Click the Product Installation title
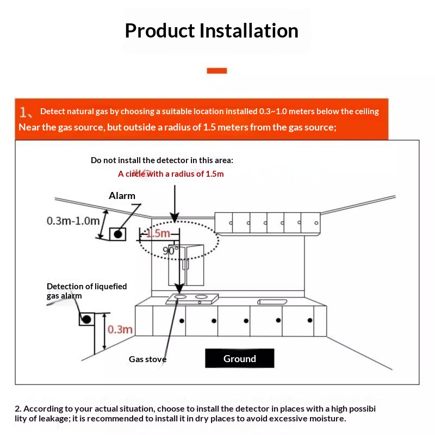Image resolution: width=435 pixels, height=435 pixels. coord(212,30)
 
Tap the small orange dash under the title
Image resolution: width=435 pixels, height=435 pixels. coord(217,70)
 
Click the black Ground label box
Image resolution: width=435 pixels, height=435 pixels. coord(239,358)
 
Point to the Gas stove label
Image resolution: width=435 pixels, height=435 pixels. coord(147,359)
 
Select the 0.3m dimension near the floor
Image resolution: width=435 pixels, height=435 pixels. coord(120,330)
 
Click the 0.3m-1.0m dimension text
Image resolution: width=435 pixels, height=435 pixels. coord(73,221)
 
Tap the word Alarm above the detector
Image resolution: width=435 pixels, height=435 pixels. coord(122,196)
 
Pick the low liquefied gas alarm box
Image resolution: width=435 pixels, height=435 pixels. coord(86,319)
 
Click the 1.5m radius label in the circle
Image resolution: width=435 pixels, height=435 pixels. coord(158,234)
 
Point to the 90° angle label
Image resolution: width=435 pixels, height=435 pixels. coord(170,251)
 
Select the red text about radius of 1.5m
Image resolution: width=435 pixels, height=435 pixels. coord(171,174)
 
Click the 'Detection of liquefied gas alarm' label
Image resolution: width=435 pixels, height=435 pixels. coord(86,291)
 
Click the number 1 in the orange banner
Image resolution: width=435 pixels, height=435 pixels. coord(24,112)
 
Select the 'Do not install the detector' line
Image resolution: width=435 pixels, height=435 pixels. coord(161,160)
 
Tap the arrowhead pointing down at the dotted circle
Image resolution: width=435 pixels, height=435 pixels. coord(175,217)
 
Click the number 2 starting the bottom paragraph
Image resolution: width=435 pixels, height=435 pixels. coord(17,408)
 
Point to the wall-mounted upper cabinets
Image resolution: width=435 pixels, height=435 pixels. coord(267,222)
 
